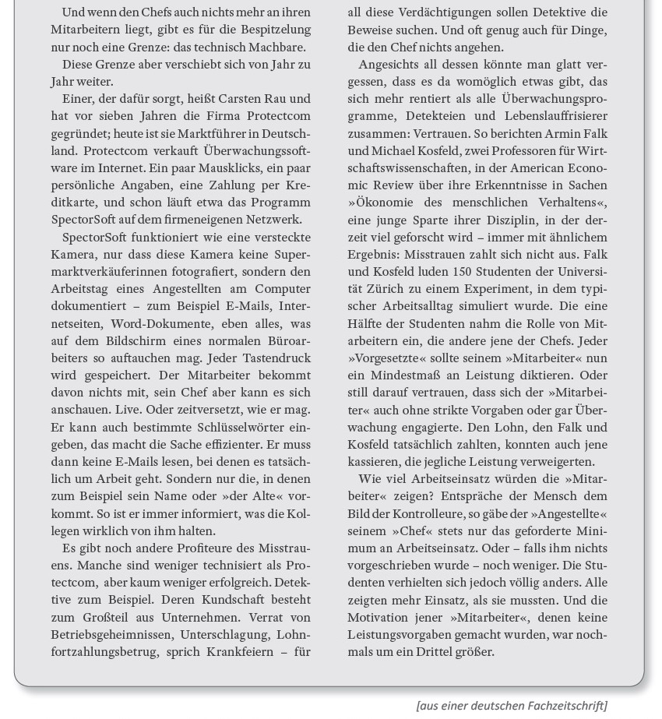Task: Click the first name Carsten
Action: click(x=241, y=99)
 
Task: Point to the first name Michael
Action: click(x=398, y=150)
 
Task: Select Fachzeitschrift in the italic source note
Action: click(x=566, y=706)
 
